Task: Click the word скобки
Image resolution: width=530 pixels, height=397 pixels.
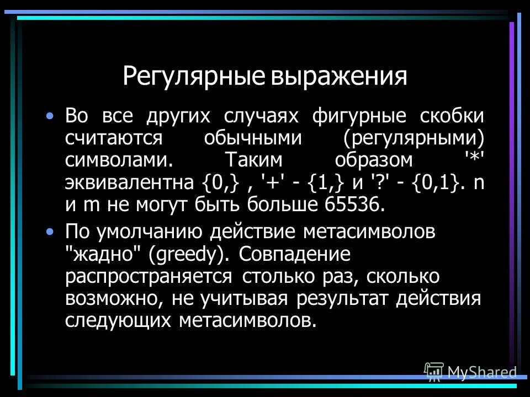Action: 449,117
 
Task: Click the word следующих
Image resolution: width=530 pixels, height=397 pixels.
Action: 119,320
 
